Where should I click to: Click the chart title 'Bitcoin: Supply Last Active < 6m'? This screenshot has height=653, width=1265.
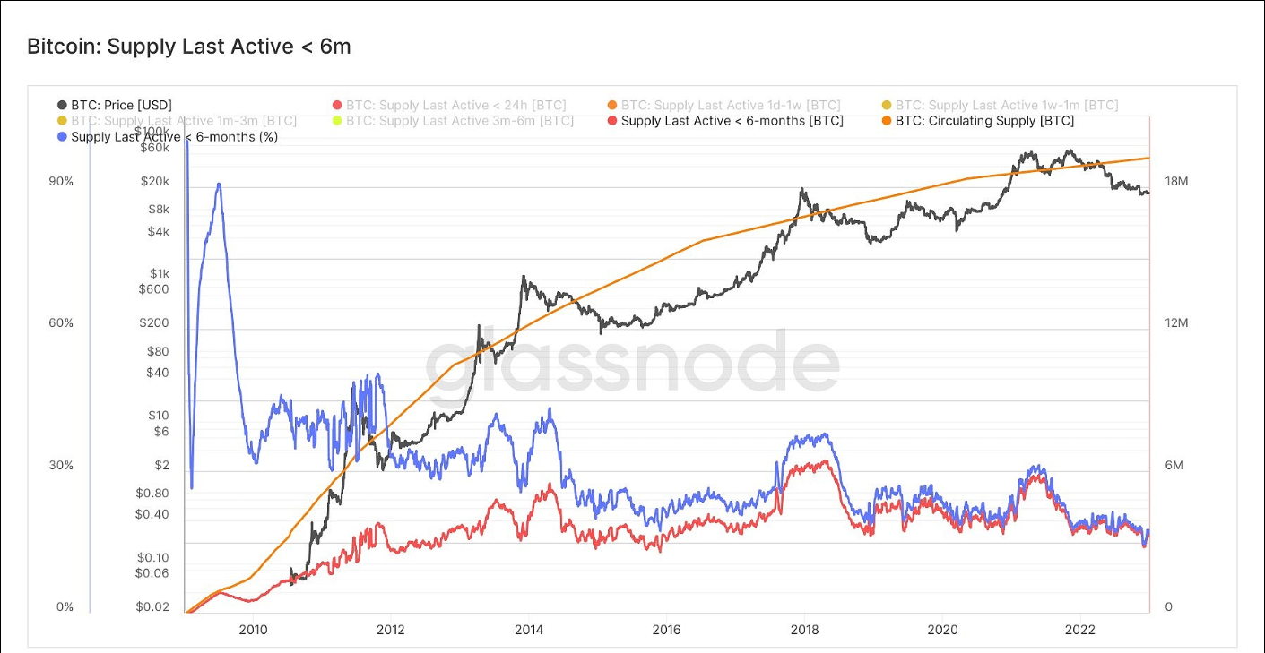[x=189, y=47]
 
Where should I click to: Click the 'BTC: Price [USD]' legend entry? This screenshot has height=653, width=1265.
[x=121, y=106]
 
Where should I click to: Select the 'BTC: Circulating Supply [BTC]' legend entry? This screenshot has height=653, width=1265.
[x=984, y=121]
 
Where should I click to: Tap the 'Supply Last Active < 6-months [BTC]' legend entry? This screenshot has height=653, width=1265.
[x=732, y=121]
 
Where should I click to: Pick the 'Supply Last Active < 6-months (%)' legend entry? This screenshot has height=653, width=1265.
[x=174, y=137]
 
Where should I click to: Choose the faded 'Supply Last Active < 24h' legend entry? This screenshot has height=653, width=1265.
[x=455, y=106]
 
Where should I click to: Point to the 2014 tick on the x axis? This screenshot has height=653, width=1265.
[x=529, y=630]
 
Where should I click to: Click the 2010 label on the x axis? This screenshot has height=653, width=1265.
[x=253, y=630]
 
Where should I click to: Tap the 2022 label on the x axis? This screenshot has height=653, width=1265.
[x=1080, y=630]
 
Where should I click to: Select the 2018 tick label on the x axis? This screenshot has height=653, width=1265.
[x=804, y=630]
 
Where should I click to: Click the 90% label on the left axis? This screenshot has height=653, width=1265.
[x=61, y=182]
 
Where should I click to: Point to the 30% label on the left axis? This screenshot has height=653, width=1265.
[x=61, y=466]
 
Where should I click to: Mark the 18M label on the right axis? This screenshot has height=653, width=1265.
[x=1176, y=182]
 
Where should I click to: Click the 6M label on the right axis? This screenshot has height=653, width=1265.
[x=1174, y=466]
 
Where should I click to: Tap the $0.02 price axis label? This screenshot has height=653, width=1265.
[x=152, y=607]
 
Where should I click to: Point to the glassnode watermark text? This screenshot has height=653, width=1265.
[x=631, y=363]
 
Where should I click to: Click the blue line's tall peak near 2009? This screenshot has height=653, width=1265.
[x=218, y=185]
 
